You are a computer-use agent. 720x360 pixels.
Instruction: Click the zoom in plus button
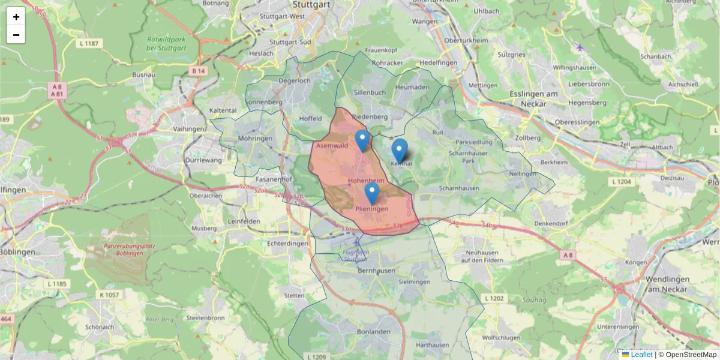16,17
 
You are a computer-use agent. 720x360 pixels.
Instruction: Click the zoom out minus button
16,35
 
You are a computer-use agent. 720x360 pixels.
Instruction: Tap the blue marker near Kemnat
399,150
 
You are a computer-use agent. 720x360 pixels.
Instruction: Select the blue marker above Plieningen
372,194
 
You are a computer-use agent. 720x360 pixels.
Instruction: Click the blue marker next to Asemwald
362,140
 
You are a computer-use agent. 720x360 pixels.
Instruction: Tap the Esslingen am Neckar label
533,99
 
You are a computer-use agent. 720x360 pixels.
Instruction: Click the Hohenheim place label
365,181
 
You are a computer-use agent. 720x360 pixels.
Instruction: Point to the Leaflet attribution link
641,355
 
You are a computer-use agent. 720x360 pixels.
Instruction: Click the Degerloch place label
295,80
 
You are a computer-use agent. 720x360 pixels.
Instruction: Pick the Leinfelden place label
243,221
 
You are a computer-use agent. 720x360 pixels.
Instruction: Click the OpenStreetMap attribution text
691,355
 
